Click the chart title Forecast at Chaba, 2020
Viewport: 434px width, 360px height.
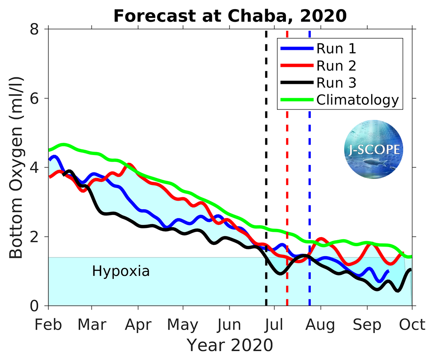[230, 16]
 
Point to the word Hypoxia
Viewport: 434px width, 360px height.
[121, 272]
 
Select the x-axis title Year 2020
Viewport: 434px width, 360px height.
[230, 345]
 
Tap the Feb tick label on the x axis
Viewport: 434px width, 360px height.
[48, 325]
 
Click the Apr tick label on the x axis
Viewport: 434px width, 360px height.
[138, 325]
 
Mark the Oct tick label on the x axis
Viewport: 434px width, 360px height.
[412, 325]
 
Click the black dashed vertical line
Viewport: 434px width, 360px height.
[266, 174]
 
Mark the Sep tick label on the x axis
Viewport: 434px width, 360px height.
[367, 325]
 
